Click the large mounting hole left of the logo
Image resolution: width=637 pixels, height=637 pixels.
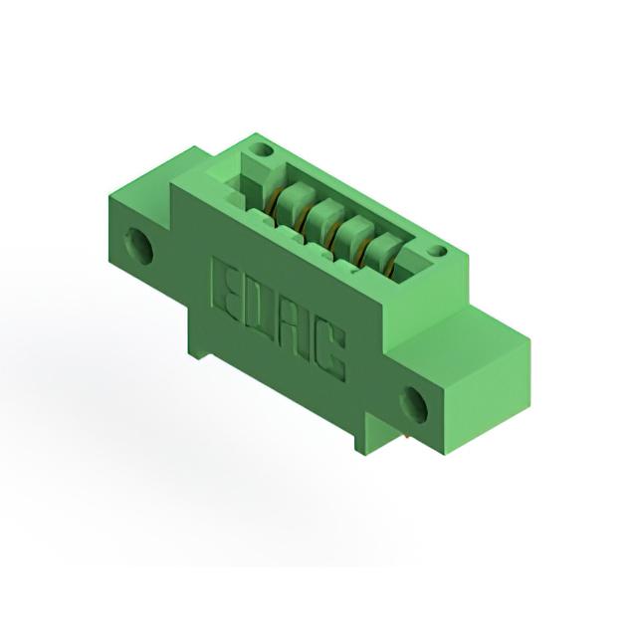(x=140, y=247)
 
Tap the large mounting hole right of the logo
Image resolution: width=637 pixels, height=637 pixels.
(x=414, y=405)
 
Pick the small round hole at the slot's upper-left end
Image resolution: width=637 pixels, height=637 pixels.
(x=263, y=150)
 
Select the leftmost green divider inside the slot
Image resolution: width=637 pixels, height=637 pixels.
(x=292, y=199)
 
